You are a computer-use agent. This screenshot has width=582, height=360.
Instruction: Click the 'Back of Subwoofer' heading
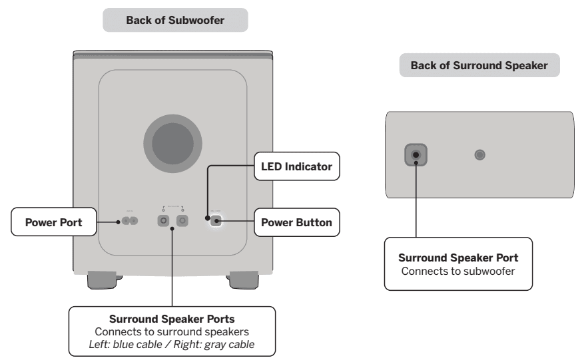tap(174, 21)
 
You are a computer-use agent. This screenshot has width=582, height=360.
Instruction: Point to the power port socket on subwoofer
tap(129, 222)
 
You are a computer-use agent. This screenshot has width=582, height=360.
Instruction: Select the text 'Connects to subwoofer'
tap(458, 270)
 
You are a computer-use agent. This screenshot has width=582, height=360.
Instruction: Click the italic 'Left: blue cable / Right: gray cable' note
tap(172, 343)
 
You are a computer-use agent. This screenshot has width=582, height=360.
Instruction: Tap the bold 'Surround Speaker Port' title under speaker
tap(458, 258)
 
